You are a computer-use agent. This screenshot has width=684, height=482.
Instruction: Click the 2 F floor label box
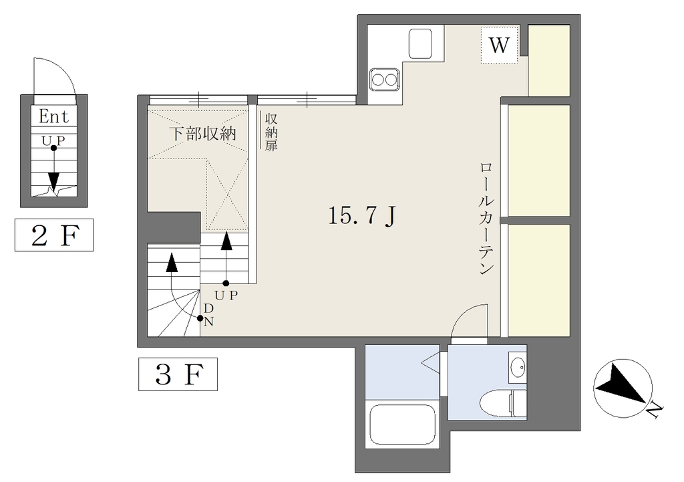(x=54, y=235)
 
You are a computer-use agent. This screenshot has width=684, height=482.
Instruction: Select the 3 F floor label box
(x=178, y=374)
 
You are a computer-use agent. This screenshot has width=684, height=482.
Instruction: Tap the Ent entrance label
(x=53, y=116)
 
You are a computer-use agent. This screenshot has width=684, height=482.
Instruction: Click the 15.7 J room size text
(x=362, y=216)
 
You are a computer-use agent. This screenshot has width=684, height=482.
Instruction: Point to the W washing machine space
(x=500, y=45)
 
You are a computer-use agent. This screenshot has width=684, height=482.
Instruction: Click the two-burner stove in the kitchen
(x=384, y=80)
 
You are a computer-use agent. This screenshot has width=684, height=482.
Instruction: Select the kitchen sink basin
(x=420, y=43)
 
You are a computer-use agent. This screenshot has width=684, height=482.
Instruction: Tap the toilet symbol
(x=503, y=403)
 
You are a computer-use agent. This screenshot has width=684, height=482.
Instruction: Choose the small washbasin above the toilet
(x=518, y=366)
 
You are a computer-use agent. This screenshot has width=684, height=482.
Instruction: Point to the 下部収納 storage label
(x=202, y=133)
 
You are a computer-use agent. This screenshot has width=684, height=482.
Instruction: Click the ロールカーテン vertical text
(x=486, y=219)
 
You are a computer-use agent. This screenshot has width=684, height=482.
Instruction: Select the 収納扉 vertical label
(x=271, y=132)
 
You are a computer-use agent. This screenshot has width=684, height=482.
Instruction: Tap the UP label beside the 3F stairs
(x=226, y=295)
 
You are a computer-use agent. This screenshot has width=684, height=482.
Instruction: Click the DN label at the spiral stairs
(x=208, y=315)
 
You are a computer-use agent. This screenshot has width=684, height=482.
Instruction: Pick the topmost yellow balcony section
(x=549, y=60)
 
